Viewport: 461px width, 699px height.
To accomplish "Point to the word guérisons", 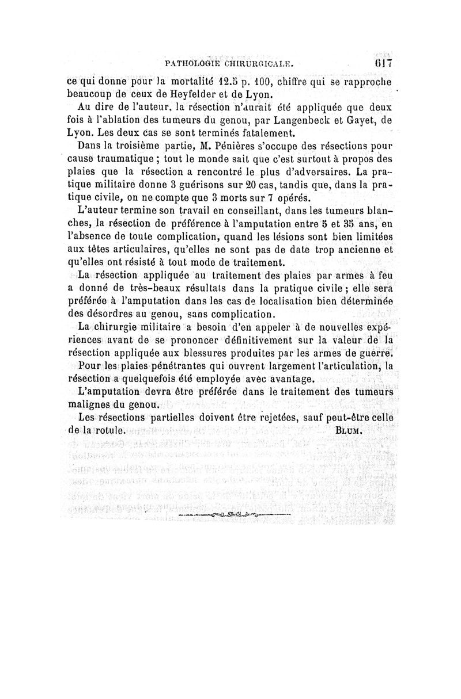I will tap(199, 184).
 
